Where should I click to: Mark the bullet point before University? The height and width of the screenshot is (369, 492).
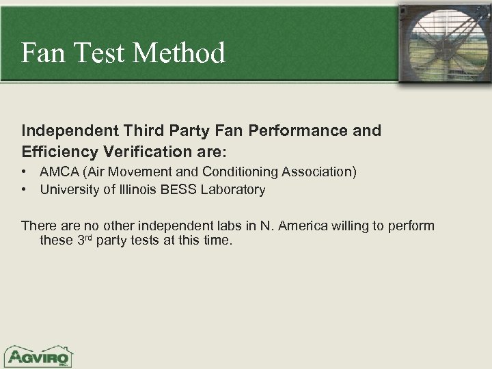click(25, 189)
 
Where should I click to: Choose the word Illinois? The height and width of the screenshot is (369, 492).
click(137, 189)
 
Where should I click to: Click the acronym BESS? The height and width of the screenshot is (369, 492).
click(179, 189)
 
